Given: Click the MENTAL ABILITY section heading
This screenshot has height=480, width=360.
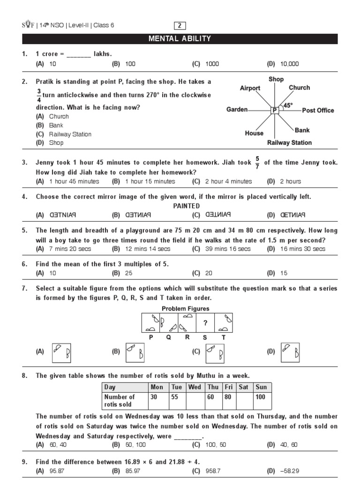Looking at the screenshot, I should [x=180, y=39].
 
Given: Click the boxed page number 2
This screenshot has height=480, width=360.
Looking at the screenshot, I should [x=180, y=25].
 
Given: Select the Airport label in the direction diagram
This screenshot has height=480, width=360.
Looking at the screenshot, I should [x=250, y=88].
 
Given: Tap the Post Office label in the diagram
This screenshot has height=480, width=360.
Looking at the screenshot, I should [x=318, y=111].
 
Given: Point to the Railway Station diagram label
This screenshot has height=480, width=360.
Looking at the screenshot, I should [x=289, y=142].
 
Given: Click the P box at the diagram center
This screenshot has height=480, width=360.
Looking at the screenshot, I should [x=274, y=110].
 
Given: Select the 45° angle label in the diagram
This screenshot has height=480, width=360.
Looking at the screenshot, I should [x=288, y=105].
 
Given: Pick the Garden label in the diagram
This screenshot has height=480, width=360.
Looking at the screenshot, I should [x=237, y=110].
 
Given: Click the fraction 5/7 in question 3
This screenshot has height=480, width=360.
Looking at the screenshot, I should [x=257, y=163].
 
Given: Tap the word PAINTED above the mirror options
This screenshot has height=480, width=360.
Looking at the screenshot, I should [x=186, y=206].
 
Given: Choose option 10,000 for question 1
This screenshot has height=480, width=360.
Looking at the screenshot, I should [x=289, y=64].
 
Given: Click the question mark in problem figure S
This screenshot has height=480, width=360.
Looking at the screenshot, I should [x=205, y=323].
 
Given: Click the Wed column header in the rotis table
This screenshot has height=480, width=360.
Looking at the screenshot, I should [x=195, y=387].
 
